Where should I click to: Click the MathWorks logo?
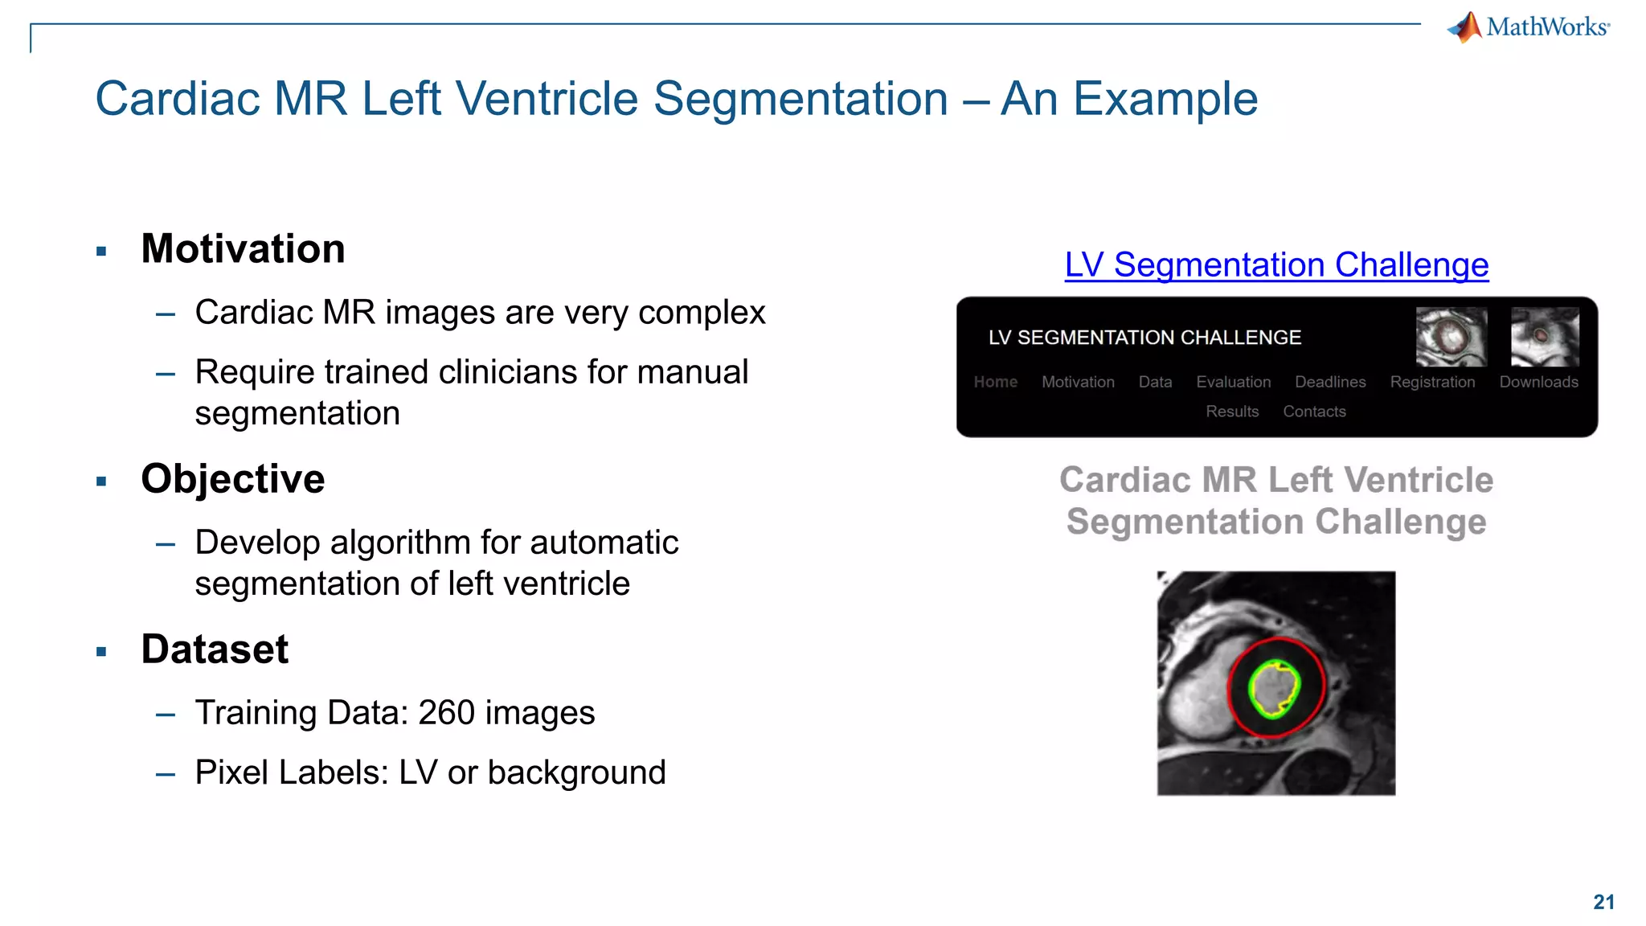click(1528, 27)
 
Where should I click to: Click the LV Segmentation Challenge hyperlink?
click(1276, 265)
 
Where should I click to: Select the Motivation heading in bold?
click(243, 248)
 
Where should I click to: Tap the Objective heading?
click(232, 479)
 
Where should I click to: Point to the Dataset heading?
click(214, 649)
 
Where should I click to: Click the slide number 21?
click(1603, 902)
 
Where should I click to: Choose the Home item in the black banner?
click(995, 382)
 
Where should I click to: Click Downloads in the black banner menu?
click(1538, 382)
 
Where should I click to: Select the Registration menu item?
click(1432, 382)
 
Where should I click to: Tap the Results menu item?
click(1231, 412)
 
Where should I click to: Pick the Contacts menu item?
click(1314, 412)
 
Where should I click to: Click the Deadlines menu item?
click(1330, 382)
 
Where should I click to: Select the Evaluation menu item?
click(1233, 382)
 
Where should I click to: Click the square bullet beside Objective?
click(101, 482)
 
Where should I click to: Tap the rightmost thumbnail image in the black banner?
click(1545, 337)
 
